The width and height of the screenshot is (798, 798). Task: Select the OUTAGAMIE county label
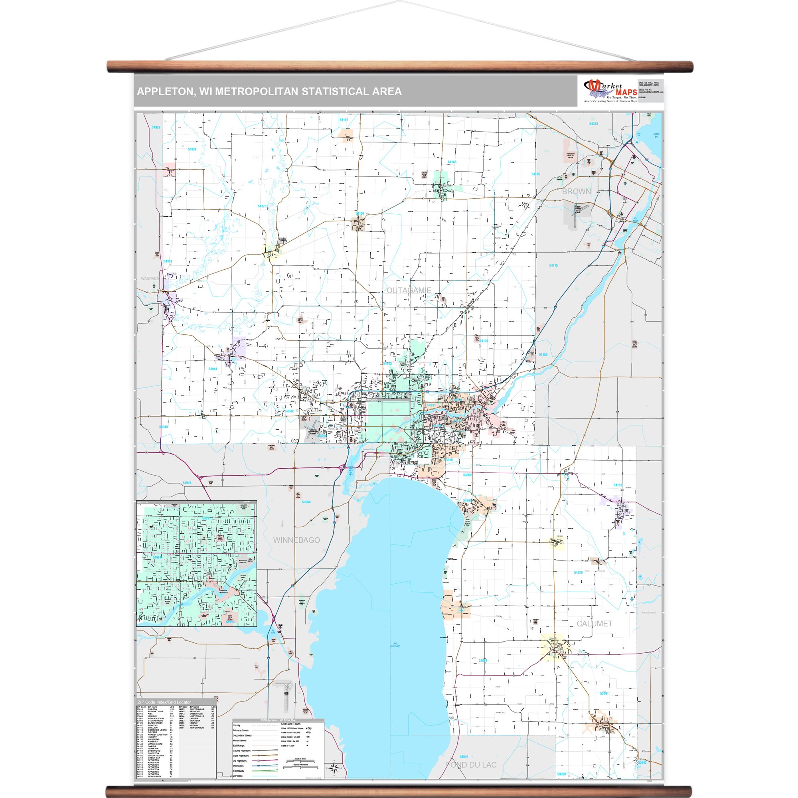(409, 290)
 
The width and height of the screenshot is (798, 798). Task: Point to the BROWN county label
(576, 191)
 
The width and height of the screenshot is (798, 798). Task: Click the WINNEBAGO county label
(296, 540)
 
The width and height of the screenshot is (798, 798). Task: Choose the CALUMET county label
(594, 624)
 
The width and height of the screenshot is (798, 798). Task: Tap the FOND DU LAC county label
(471, 765)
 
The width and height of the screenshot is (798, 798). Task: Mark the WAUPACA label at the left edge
(150, 279)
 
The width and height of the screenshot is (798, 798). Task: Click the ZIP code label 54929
(156, 128)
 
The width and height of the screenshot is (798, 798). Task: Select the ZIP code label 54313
(593, 124)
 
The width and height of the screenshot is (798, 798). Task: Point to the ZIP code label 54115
(553, 266)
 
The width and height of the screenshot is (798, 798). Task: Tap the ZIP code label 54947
(187, 483)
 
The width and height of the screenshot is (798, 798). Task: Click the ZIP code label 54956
(306, 502)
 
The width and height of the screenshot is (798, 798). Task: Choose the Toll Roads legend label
(238, 771)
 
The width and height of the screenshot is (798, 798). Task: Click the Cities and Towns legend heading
(291, 724)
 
